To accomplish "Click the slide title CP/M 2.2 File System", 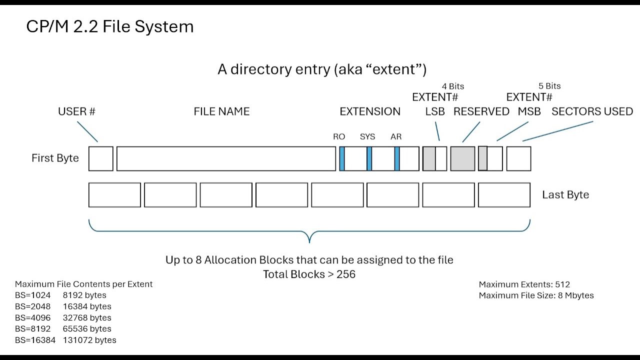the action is click(110, 26).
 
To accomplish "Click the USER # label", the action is click(76, 111).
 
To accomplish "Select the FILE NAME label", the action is click(221, 111).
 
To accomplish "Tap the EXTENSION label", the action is click(370, 111).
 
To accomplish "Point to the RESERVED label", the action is click(481, 111).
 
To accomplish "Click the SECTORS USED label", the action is click(592, 111).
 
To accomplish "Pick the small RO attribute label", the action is click(339, 136).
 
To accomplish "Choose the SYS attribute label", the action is click(367, 136).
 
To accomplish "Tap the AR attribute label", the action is click(396, 136).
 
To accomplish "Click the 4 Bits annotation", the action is click(453, 86).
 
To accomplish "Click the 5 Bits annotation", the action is click(549, 86).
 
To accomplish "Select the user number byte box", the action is click(101, 159).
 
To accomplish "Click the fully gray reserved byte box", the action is click(463, 159).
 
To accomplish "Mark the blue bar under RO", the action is click(342, 159).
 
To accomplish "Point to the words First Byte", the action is click(55, 158).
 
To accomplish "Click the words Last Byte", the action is click(565, 194).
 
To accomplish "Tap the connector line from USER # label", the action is click(87, 131).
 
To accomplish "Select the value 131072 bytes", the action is click(89, 340).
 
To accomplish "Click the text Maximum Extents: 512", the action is click(524, 284).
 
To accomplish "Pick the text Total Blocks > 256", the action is click(309, 274).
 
